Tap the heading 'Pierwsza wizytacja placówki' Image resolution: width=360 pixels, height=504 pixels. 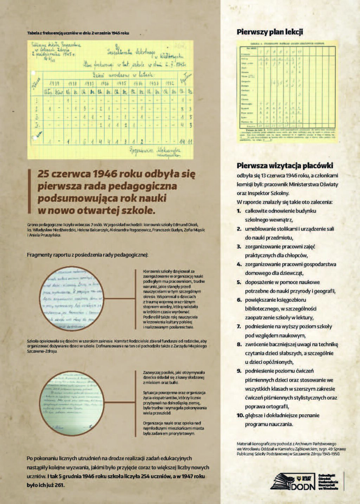tap(285, 166)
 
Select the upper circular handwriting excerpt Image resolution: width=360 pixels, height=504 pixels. tap(72, 299)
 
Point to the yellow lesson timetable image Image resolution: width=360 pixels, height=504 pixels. tap(287, 91)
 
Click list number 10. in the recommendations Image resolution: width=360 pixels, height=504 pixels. tap(240, 415)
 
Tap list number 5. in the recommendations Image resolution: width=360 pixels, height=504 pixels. tap(239, 282)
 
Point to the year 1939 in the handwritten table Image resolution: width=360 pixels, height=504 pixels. tap(54, 84)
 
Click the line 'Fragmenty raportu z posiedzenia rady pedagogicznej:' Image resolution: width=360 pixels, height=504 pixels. tap(88, 255)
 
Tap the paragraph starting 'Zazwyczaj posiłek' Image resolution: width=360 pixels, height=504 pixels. tap(174, 377)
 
